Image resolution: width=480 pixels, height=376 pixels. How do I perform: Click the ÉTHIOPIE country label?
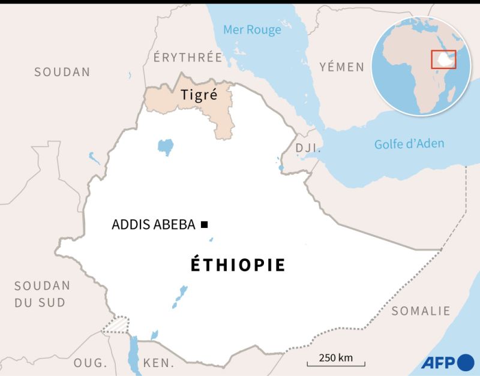(238, 265)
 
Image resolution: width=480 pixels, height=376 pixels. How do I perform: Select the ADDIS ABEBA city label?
(154, 225)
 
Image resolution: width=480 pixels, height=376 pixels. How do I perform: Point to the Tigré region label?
(198, 95)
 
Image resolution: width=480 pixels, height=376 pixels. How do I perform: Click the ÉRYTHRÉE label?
(188, 58)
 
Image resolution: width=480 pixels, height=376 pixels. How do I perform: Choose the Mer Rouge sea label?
(252, 29)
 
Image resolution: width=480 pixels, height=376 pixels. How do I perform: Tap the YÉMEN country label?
(341, 67)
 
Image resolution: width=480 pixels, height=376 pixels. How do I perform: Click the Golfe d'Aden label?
(409, 143)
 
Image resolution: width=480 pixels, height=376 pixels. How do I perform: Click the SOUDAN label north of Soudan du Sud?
(62, 72)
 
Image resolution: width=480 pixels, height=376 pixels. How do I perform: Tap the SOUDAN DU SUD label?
(42, 294)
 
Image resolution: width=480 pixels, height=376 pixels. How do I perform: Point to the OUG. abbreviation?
(90, 363)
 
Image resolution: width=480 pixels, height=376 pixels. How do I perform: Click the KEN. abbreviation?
(158, 363)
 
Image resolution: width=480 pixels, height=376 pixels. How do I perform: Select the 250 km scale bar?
(335, 362)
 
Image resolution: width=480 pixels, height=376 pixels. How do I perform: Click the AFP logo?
(447, 362)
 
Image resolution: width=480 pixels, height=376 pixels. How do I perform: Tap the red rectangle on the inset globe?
(444, 59)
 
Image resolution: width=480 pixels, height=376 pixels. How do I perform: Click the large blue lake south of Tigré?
(165, 146)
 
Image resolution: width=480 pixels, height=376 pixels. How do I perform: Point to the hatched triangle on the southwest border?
(116, 324)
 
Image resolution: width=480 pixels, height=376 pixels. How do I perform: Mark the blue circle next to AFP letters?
(466, 362)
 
